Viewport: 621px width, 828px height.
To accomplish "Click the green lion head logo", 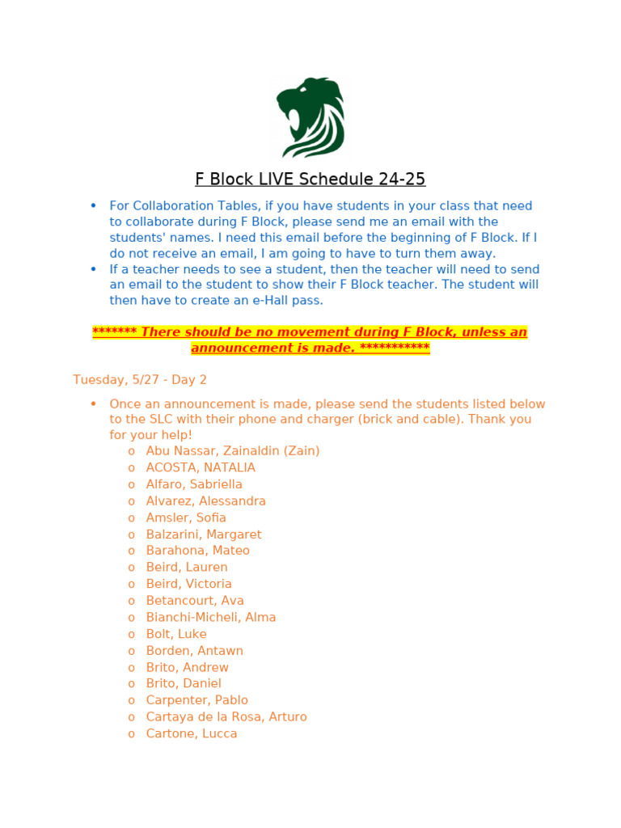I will (310, 117).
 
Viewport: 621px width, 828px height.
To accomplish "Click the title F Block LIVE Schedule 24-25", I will (310, 179).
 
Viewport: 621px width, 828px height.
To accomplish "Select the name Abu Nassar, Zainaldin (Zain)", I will (232, 450).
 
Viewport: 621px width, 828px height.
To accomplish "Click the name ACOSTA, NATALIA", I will (201, 467).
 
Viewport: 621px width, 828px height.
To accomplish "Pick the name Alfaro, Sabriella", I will (194, 484).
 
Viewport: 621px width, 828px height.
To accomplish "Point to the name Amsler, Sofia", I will (186, 517).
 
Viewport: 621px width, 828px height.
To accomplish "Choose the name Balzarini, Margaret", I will (204, 534).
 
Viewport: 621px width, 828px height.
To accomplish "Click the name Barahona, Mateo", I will (197, 551).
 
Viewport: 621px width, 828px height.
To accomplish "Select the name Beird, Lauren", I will (187, 568).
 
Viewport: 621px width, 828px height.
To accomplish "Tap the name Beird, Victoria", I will (188, 584).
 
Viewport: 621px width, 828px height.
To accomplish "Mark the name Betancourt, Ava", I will (195, 601).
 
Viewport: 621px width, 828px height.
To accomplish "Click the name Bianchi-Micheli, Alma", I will (211, 617).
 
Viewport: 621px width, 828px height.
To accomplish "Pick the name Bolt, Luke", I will (176, 634).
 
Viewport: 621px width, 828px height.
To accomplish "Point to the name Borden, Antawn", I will (194, 651).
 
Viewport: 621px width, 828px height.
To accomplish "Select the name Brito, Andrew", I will (187, 667).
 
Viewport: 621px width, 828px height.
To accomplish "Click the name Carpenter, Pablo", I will (196, 700).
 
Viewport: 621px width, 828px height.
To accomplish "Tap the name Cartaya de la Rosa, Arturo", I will (226, 716).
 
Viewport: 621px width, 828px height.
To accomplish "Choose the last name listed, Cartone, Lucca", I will (192, 733).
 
